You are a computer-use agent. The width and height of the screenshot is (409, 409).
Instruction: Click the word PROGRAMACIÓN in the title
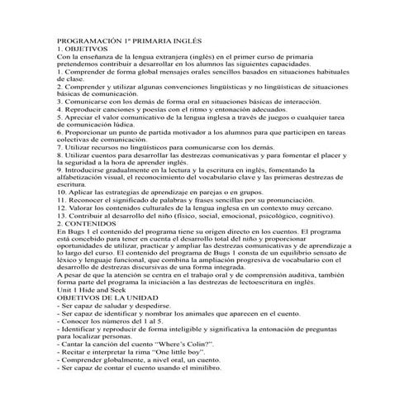[x=88, y=39]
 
